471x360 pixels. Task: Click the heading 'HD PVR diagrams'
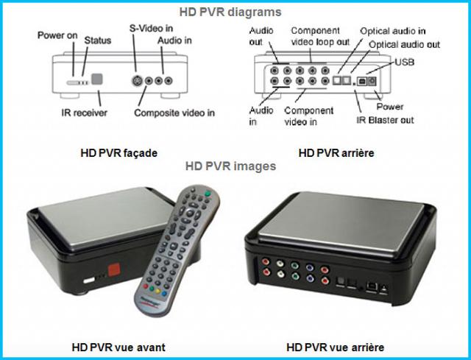point(230,12)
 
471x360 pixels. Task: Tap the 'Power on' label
point(57,35)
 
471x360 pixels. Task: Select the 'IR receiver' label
point(85,113)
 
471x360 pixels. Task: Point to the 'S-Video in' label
point(151,28)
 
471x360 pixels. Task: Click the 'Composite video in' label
point(174,113)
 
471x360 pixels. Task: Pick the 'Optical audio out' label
point(404,45)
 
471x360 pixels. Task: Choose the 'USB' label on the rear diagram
point(404,62)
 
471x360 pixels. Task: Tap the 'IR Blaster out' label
point(385,120)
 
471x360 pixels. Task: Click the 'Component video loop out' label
point(320,36)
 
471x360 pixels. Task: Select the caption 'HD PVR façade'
point(119,153)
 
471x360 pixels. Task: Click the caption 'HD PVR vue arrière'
point(336,347)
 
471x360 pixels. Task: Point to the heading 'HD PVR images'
point(230,166)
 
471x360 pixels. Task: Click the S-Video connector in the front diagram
point(138,81)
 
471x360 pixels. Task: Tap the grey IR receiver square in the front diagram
point(97,79)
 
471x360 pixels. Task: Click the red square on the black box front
point(114,269)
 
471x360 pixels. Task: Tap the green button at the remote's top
point(208,194)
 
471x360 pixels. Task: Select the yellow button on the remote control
point(158,291)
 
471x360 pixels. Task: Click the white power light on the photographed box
point(89,280)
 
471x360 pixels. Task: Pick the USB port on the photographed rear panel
point(371,286)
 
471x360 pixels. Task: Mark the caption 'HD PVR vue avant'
point(118,347)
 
